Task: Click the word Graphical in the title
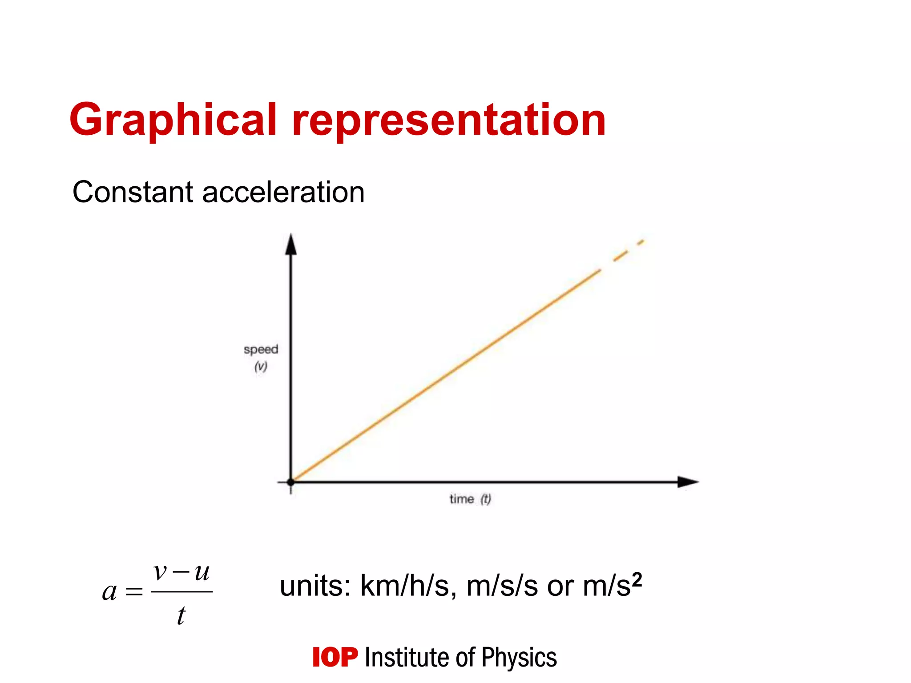click(x=173, y=120)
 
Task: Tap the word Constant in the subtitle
click(x=133, y=192)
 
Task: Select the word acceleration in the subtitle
click(x=283, y=192)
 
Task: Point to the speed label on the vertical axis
click(x=261, y=350)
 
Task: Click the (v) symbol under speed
click(x=261, y=366)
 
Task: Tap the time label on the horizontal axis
click(x=461, y=499)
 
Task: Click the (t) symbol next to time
click(x=485, y=499)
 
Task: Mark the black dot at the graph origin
click(x=291, y=482)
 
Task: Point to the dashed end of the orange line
click(x=627, y=250)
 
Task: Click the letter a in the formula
click(x=109, y=592)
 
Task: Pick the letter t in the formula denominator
click(x=181, y=616)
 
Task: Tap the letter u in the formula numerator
click(x=202, y=572)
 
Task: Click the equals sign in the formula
click(x=134, y=592)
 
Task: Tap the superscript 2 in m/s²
click(x=637, y=579)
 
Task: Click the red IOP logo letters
click(x=335, y=657)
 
